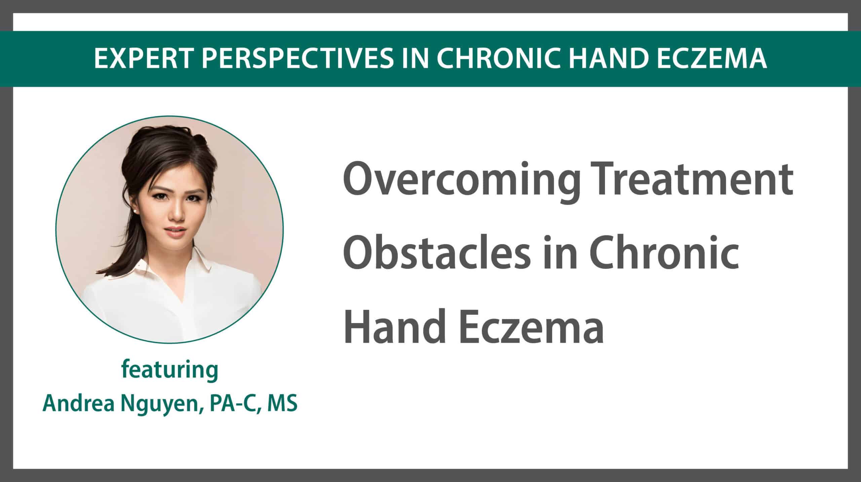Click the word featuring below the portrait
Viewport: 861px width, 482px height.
click(170, 370)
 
